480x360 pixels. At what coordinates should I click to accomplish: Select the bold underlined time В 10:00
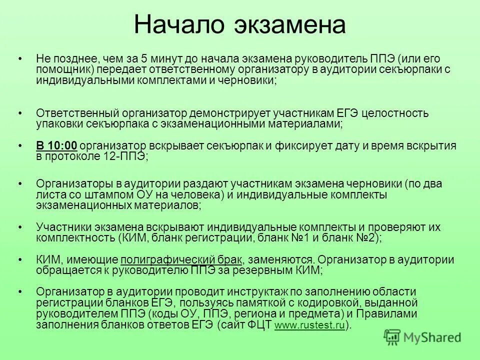[x=56, y=146]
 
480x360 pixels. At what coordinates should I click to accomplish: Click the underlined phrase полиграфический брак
[x=181, y=260]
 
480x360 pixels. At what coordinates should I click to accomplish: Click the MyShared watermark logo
[x=422, y=337]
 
